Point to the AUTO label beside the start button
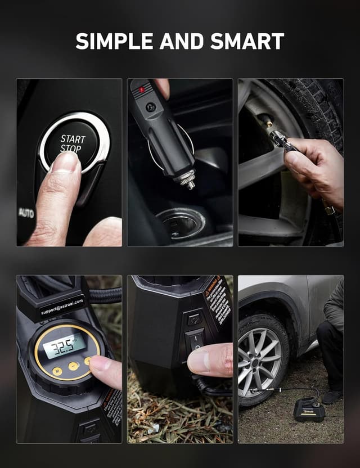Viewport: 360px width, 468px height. pos(26,213)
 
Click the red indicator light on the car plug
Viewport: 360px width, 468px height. pos(141,90)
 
